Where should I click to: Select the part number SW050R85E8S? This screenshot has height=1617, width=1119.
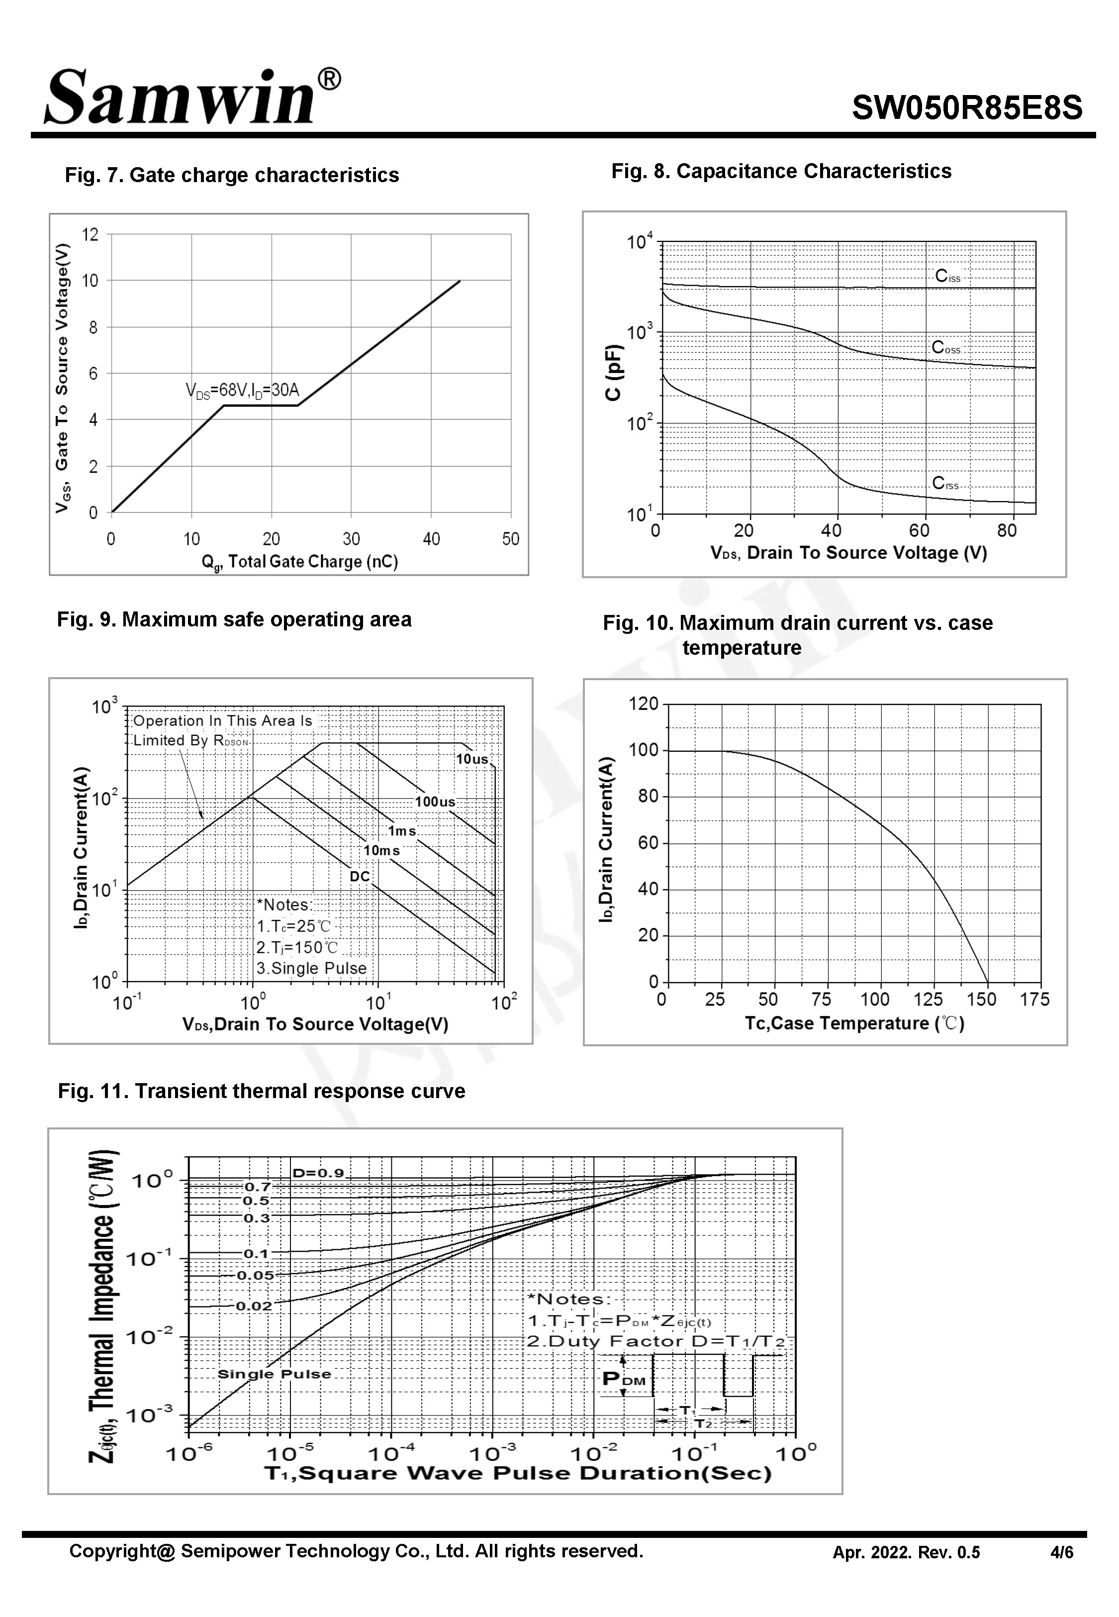point(967,108)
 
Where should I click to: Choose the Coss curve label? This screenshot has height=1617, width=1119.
point(945,348)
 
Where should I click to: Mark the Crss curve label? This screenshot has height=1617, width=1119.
point(944,484)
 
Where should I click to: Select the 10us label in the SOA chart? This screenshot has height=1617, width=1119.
point(472,759)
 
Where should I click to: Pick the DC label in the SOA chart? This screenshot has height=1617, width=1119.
point(359,877)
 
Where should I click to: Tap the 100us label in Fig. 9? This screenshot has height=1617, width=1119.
point(435,802)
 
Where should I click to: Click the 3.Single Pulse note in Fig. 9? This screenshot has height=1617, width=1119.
point(311,968)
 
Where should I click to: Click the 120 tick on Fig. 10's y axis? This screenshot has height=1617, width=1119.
point(643,704)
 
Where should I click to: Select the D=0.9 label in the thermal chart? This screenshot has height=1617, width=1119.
point(318,1173)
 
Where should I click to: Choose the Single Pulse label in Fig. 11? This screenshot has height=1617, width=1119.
point(274,1374)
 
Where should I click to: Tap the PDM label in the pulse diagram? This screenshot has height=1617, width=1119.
point(623,1379)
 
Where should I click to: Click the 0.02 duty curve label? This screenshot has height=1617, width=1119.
point(253,1306)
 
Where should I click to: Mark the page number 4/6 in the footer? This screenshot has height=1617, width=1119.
point(1061,1552)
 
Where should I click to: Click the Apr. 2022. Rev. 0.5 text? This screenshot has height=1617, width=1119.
point(906,1552)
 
